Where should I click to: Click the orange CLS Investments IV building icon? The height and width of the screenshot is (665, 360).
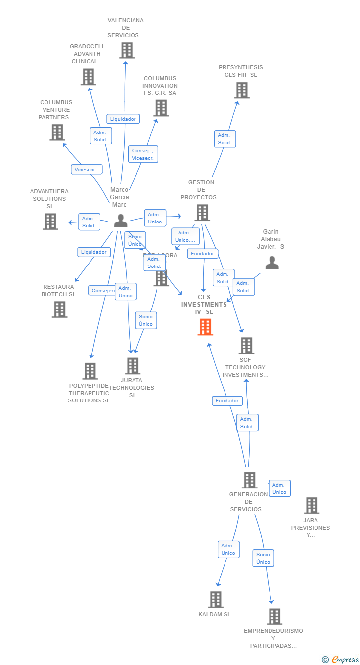205,327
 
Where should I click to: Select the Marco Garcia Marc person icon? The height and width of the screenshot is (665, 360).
120,221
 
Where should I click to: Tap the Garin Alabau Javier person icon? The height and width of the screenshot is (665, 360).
272,263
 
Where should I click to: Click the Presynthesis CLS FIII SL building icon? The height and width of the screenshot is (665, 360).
242,90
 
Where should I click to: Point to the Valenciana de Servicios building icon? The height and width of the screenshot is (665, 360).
127,50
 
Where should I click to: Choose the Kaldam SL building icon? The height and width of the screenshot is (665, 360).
216,599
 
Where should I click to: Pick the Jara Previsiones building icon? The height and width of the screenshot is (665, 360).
312,505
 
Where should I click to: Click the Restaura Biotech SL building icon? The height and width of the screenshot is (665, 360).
59,309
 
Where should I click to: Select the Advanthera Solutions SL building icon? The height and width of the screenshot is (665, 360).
50,222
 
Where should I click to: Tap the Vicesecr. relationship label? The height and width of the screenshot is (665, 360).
87,169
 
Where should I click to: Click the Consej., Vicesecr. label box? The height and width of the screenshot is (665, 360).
143,154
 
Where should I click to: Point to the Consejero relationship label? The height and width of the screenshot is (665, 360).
102,291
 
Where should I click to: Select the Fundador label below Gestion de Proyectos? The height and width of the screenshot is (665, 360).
203,254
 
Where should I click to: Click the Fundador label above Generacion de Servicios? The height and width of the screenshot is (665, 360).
227,401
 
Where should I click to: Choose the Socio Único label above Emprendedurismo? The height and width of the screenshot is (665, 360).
263,558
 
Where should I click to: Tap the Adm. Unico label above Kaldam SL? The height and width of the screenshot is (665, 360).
228,549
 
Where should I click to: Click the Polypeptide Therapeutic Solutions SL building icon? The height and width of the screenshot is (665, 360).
90,371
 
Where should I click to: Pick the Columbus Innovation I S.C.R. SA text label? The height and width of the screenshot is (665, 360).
160,86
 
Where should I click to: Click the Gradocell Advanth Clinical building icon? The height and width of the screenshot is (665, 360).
88,77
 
